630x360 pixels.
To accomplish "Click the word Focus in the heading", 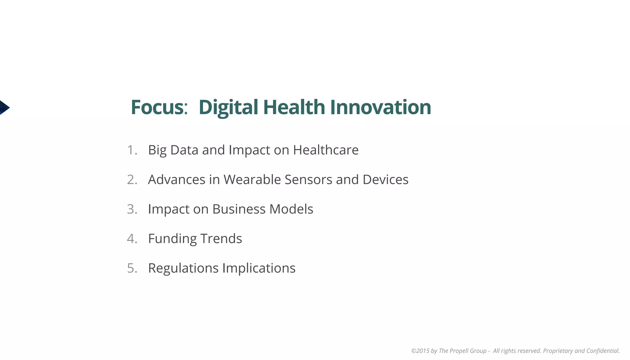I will coord(157,107).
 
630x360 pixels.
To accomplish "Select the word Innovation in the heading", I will coord(380,107).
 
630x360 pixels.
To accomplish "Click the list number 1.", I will coord(132,150).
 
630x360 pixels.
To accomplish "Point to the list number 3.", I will coord(132,209).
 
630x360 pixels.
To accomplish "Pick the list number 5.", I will coord(132,268).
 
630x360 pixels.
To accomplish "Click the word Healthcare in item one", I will coord(325,150).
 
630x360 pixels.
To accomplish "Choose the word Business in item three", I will coord(239,209).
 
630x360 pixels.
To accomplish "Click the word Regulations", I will coord(183,268).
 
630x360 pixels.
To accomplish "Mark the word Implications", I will coord(259,268).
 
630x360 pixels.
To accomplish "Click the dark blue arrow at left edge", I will coord(4,108).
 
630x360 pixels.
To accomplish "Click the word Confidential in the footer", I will coord(603,351).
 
